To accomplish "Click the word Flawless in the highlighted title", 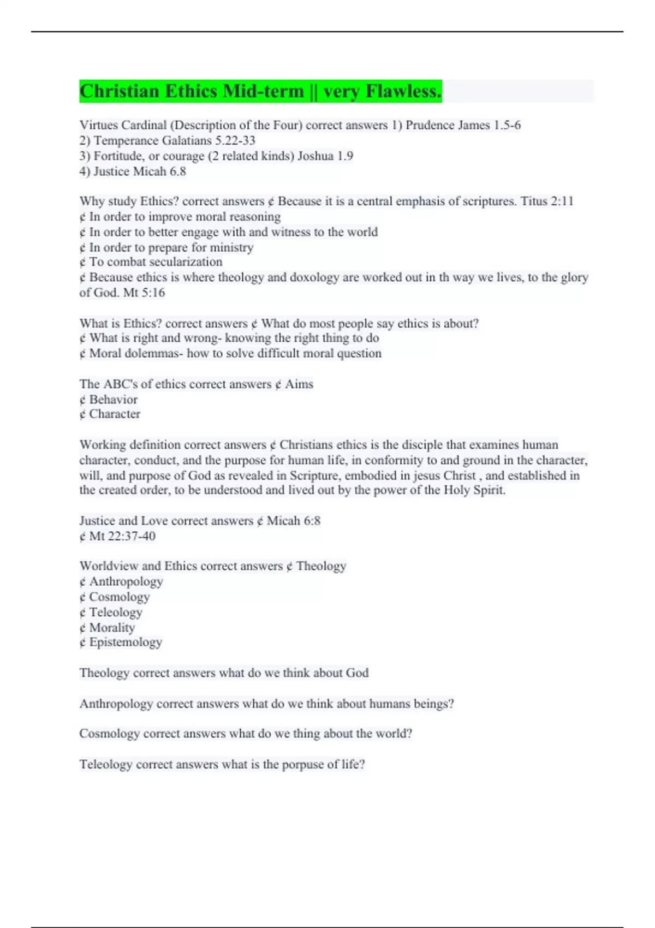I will [403, 91].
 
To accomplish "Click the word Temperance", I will [126, 140].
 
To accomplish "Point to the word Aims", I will [299, 384].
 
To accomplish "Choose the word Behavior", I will [114, 399].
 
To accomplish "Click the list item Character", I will [115, 414].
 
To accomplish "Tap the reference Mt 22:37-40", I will [122, 536].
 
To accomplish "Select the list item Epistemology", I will [126, 642].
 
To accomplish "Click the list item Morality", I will [112, 627].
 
